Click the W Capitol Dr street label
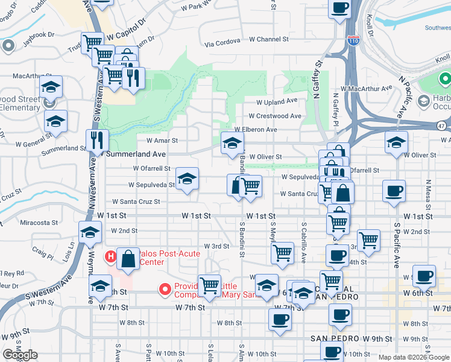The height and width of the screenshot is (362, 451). click(x=127, y=37)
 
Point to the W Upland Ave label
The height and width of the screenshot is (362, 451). click(x=277, y=102)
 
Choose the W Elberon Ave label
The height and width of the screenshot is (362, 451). click(x=256, y=130)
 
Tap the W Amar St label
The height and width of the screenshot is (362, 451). click(x=158, y=141)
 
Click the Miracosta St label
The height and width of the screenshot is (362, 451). click(x=39, y=223)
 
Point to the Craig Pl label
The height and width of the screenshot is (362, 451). click(x=43, y=256)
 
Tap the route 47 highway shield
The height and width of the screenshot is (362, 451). click(x=441, y=125)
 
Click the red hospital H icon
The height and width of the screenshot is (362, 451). click(x=110, y=256)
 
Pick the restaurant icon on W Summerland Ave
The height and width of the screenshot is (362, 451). click(x=97, y=141)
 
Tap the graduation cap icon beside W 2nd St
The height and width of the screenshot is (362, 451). click(x=90, y=233)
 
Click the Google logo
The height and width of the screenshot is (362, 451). click(x=20, y=355)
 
